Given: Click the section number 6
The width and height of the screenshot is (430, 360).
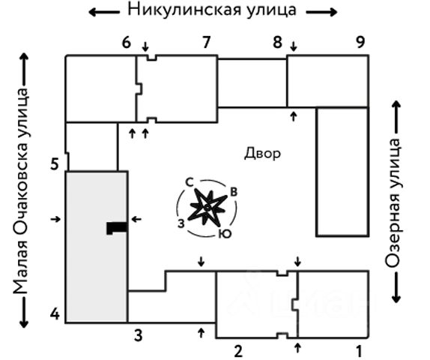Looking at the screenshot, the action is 126,43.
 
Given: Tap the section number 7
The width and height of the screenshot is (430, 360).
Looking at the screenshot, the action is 207,42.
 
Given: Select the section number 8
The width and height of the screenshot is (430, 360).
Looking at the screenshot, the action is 277,43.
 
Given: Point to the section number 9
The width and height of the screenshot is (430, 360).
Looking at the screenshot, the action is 360,42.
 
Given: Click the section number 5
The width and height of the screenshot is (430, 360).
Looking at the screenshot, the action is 55,164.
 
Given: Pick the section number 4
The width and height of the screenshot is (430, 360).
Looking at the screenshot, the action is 55,314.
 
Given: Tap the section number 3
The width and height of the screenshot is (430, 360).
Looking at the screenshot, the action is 138,335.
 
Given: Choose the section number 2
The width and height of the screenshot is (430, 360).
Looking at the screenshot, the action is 238,351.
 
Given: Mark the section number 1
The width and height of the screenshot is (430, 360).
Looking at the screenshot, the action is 360,351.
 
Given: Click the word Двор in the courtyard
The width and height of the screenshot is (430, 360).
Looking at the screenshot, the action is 262,154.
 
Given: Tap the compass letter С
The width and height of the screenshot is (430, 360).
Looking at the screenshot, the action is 190,182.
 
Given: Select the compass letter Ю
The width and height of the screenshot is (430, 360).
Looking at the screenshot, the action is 225,234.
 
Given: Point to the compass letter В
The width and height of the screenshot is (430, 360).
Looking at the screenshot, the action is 234,192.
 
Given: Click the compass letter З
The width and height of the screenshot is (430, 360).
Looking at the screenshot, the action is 181,223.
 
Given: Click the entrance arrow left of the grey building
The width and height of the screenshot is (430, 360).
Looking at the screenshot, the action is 55,219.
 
